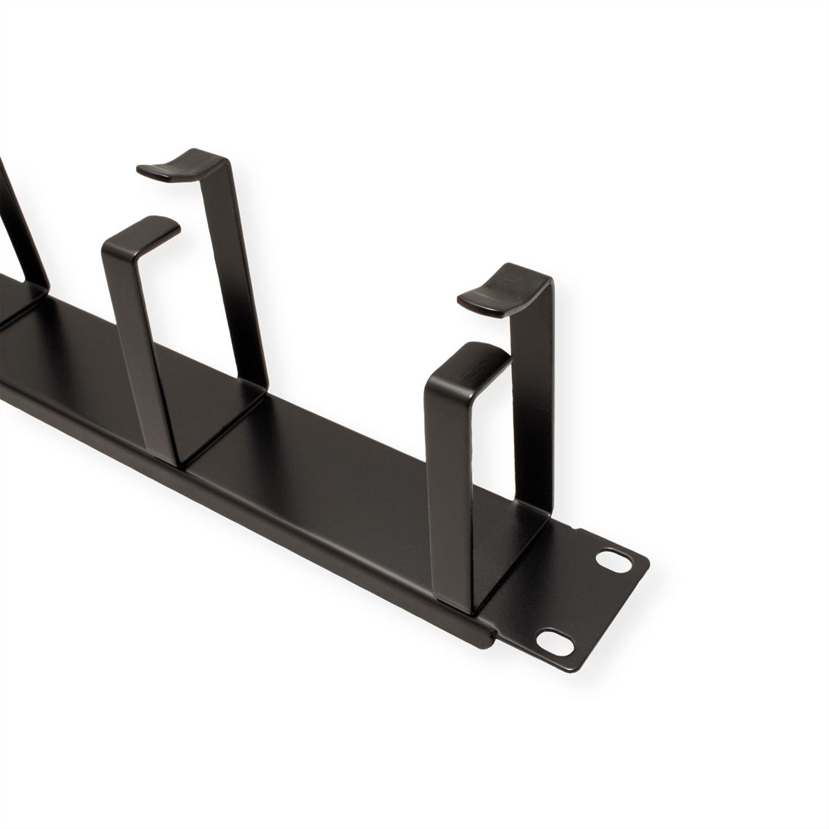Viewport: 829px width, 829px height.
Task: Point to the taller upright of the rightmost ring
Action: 535,387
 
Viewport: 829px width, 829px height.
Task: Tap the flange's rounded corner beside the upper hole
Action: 636,546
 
